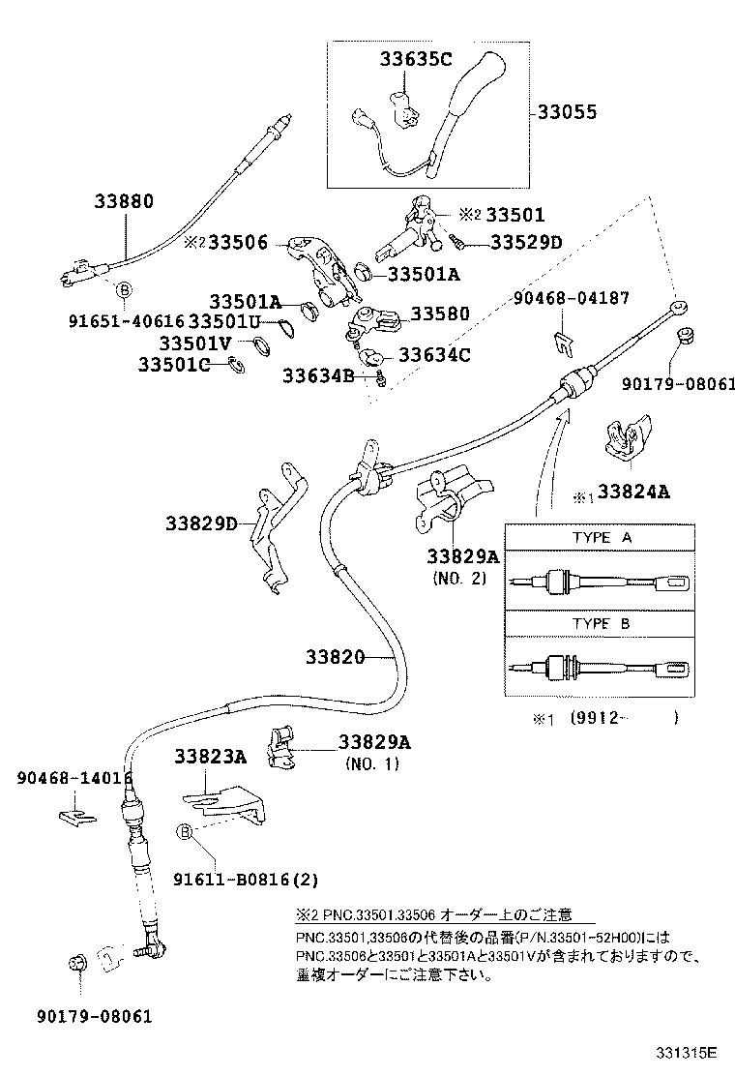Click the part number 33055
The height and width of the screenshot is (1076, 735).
(x=567, y=113)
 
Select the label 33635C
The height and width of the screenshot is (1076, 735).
(x=415, y=60)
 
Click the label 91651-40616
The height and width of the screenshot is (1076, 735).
(x=126, y=320)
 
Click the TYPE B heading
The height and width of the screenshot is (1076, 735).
(x=601, y=624)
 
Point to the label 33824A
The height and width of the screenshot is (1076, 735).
(x=632, y=492)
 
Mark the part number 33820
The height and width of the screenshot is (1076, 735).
(x=335, y=657)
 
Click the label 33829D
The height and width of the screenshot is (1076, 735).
(x=201, y=523)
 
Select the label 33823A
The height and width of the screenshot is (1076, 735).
(x=210, y=757)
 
